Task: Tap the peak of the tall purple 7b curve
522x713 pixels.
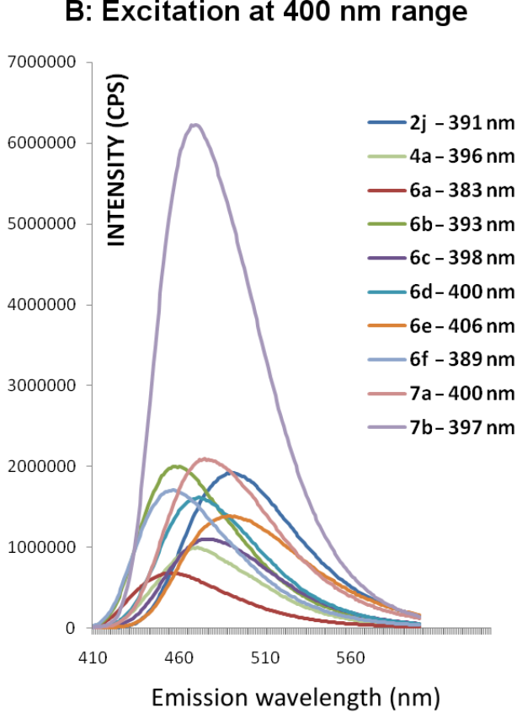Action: tap(195, 126)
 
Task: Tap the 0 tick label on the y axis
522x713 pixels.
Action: tap(72, 629)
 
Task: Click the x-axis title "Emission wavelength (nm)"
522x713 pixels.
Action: tap(295, 696)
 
